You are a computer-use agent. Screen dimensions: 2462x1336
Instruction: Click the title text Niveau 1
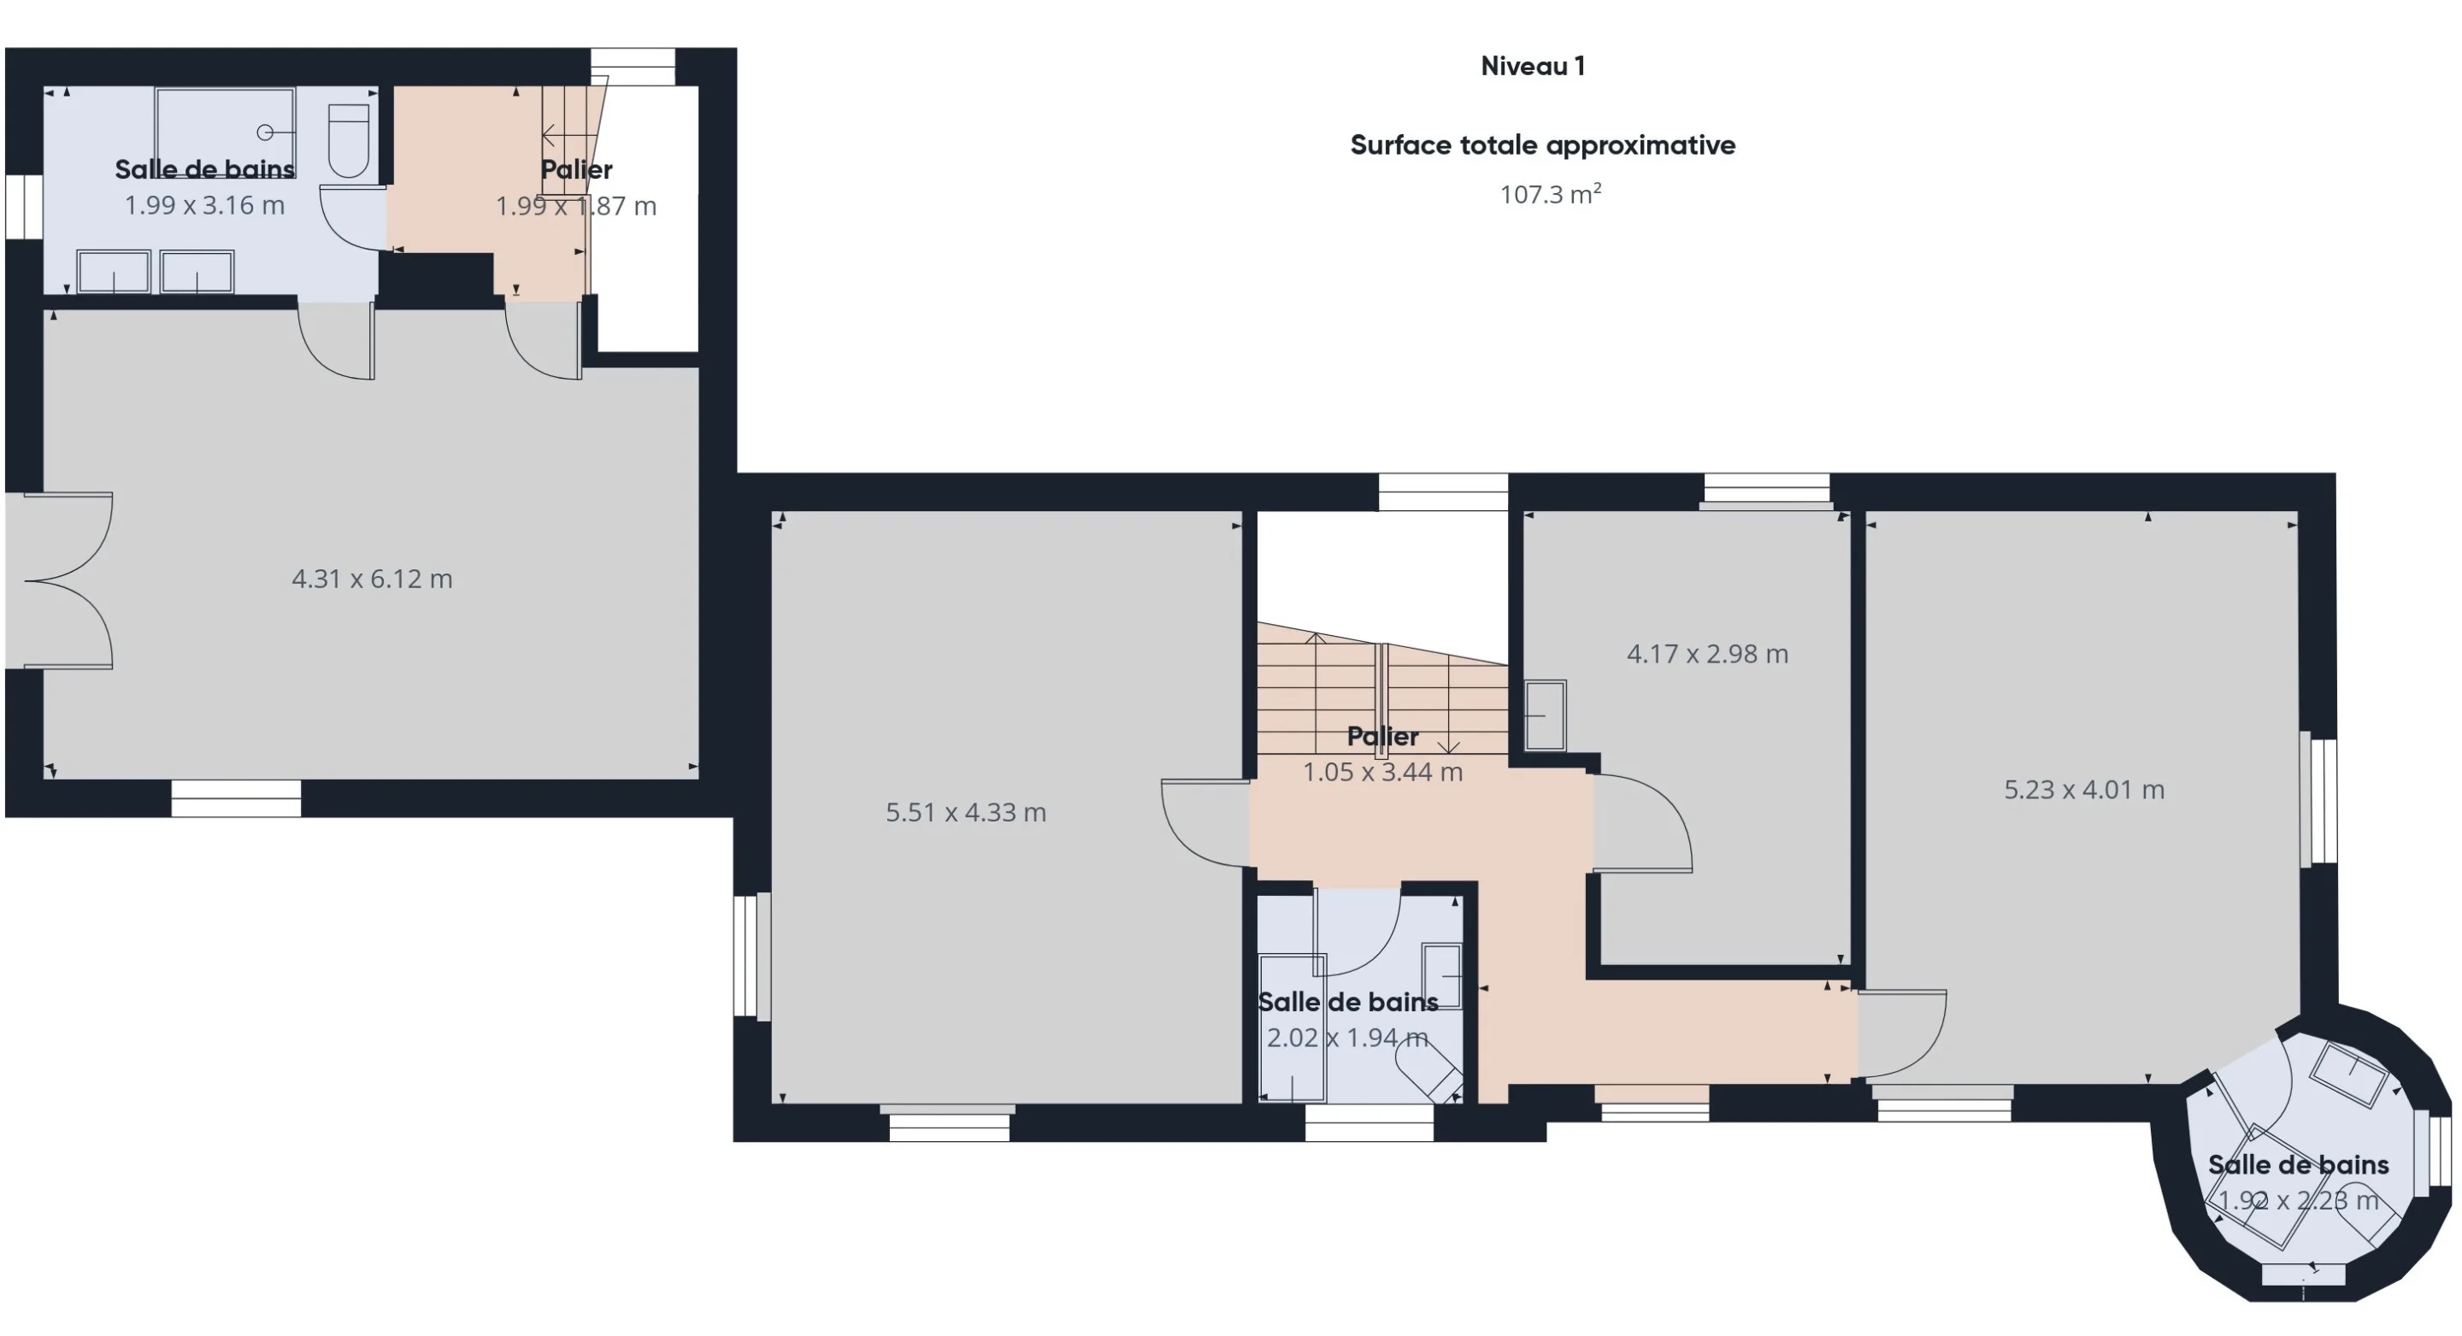[x=1532, y=66]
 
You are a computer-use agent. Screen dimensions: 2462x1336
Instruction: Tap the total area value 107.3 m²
[x=1550, y=194]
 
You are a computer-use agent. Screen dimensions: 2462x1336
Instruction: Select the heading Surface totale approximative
[x=1542, y=145]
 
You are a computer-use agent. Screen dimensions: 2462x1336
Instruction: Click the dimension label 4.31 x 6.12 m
[x=372, y=578]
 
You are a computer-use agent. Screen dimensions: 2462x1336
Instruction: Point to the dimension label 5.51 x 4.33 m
[x=965, y=811]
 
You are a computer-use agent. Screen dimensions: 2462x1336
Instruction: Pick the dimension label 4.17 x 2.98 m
[x=1707, y=654]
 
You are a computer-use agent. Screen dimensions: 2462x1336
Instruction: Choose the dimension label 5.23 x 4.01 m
[x=2083, y=789]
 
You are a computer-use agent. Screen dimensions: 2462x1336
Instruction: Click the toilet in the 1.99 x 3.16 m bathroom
[x=349, y=140]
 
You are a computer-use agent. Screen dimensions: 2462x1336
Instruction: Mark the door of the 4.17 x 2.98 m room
[x=1642, y=823]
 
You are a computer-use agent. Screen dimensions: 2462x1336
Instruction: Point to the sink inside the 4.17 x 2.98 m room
[x=1545, y=715]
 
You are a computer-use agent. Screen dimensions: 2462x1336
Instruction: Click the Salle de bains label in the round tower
[x=2298, y=1164]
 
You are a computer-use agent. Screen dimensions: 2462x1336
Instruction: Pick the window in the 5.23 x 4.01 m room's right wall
[x=2319, y=800]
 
